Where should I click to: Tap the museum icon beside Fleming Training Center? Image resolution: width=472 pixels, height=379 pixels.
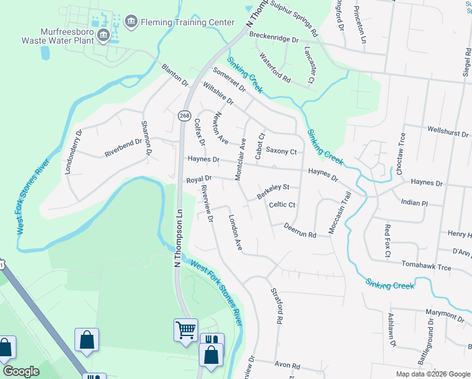(x=131, y=22)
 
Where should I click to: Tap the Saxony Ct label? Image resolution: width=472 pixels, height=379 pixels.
(x=281, y=152)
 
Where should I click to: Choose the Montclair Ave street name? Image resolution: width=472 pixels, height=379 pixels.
(x=241, y=159)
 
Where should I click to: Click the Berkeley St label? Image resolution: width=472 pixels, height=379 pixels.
(x=273, y=191)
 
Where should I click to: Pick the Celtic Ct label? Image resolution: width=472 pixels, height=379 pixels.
(x=282, y=205)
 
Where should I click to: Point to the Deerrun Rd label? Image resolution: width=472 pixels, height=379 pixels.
(x=299, y=230)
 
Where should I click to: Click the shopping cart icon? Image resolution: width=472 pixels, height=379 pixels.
(x=186, y=330)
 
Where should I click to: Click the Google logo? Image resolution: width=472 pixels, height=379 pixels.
(x=21, y=371)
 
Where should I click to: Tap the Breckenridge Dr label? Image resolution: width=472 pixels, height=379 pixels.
(x=273, y=38)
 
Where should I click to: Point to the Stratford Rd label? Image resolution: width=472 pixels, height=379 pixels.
(x=276, y=307)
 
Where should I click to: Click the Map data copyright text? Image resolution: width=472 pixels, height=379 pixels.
(x=433, y=374)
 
